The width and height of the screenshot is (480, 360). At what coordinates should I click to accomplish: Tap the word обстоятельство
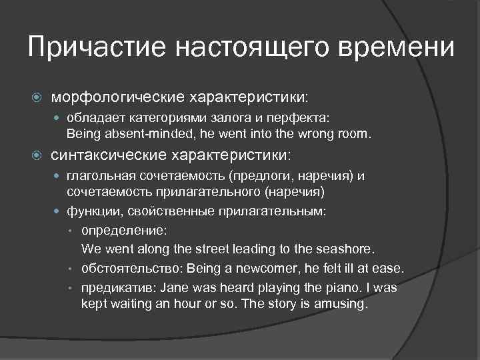(131, 269)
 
